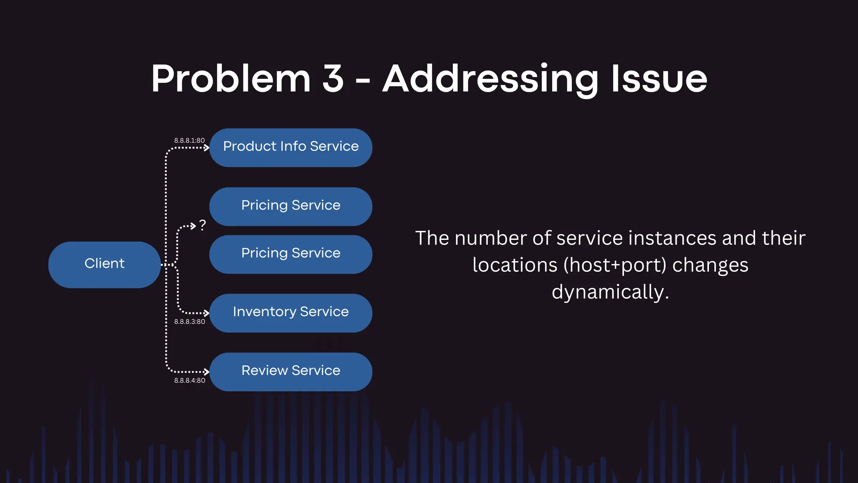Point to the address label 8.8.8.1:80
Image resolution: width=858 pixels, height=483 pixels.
tap(189, 140)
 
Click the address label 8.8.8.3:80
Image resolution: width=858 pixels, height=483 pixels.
tap(189, 322)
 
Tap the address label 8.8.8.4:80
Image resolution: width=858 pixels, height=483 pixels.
tap(189, 380)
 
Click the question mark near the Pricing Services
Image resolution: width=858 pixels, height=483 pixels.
tap(203, 225)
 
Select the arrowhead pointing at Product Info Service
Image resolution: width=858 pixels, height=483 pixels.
tap(206, 148)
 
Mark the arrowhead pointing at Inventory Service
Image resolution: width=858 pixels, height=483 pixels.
tap(206, 313)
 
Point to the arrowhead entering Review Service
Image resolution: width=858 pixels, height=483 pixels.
tap(206, 371)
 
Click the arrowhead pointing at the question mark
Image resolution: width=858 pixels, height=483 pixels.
tap(193, 226)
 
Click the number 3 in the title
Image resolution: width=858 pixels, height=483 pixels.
tap(333, 78)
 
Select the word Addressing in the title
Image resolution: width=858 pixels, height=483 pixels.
tap(491, 80)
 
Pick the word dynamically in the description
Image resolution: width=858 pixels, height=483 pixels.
tap(610, 292)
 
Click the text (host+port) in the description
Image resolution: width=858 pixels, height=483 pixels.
tap(615, 265)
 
